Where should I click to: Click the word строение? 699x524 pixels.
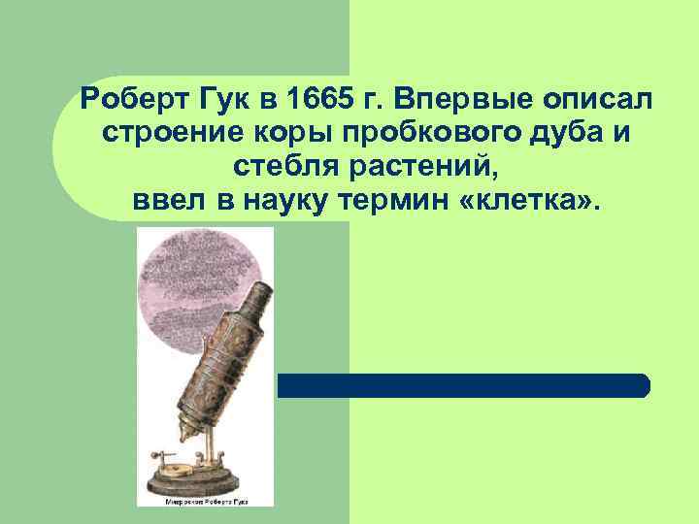(x=162, y=134)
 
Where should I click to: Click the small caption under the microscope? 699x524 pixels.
(x=206, y=501)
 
